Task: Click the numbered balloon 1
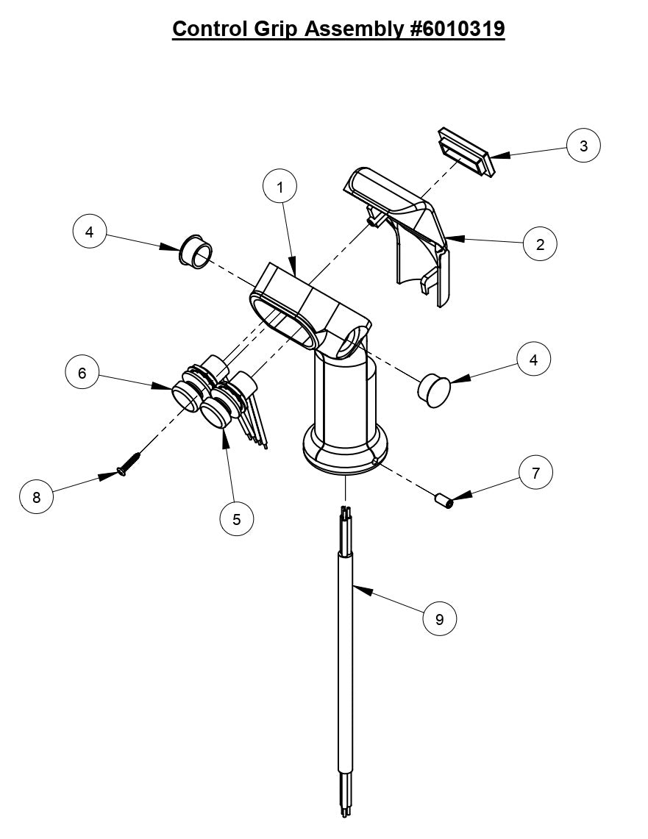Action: [x=280, y=188]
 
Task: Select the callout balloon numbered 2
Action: [x=540, y=245]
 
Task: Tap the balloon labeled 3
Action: [x=583, y=146]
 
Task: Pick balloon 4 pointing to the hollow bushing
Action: [x=90, y=232]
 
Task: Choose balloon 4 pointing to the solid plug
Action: [x=534, y=360]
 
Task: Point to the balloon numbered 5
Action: [x=236, y=519]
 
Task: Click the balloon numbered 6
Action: [x=82, y=374]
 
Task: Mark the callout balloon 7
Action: [x=535, y=474]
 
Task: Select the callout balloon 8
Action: [x=37, y=498]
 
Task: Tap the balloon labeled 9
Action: [x=440, y=619]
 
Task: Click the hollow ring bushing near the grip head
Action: [x=193, y=251]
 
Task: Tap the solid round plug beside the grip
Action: [x=433, y=388]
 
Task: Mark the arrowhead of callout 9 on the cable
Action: [x=356, y=586]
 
